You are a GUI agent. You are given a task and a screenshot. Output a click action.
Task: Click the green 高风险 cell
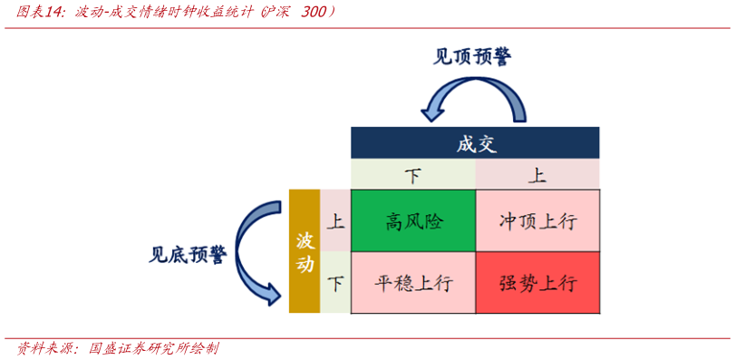413,220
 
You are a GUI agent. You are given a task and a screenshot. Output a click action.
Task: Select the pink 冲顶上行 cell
537,220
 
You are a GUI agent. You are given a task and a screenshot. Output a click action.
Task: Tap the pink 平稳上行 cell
413,282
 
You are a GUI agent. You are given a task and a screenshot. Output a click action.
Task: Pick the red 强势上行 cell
537,282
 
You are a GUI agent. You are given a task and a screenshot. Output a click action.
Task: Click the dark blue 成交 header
476,143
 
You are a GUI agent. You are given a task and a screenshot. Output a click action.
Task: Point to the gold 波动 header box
305,251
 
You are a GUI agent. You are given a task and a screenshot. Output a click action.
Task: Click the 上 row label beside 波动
335,220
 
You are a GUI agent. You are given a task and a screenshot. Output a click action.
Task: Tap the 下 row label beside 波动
335,282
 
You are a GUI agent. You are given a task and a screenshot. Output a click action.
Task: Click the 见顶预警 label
471,56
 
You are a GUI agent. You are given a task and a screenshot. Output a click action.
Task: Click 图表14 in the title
42,13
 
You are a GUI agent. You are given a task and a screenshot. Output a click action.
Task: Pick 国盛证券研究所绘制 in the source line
153,348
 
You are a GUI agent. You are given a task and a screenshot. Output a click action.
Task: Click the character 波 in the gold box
305,239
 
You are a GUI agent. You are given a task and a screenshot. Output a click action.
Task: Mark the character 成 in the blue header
465,143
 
